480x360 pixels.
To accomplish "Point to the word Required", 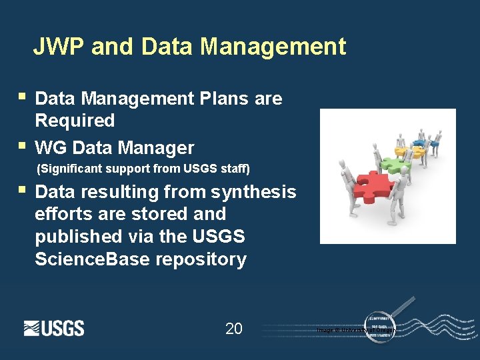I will [x=75, y=121].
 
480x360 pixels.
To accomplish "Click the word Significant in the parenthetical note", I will [x=71, y=168].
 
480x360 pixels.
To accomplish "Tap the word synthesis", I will [x=253, y=192].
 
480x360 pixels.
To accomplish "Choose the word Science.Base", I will [x=93, y=259].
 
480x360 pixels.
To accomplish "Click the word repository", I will [x=201, y=259].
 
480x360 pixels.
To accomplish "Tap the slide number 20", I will [x=234, y=329].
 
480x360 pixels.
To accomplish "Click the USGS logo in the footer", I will [x=54, y=328].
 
